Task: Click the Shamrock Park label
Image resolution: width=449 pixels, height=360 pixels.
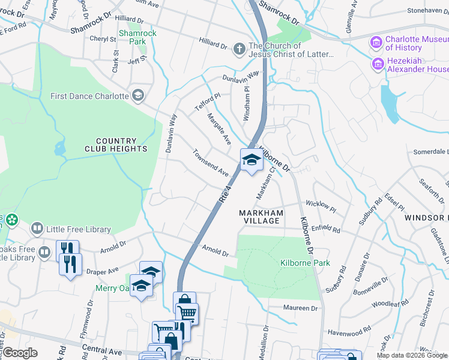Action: [137, 37]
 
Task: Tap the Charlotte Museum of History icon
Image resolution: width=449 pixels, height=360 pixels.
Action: [377, 41]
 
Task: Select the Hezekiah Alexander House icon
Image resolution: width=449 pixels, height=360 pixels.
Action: [378, 64]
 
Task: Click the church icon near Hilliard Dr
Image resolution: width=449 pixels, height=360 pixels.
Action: [239, 49]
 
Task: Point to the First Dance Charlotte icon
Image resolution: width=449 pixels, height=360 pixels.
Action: [139, 96]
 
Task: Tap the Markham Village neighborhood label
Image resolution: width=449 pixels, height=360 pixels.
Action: [259, 217]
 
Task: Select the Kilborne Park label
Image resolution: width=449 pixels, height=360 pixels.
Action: [297, 263]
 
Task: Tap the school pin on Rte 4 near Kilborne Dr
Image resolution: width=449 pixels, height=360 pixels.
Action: [252, 160]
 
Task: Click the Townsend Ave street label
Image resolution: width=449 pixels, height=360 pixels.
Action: [211, 163]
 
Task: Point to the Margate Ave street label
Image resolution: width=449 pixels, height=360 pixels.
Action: [219, 128]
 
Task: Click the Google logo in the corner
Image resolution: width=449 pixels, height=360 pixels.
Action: [20, 352]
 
